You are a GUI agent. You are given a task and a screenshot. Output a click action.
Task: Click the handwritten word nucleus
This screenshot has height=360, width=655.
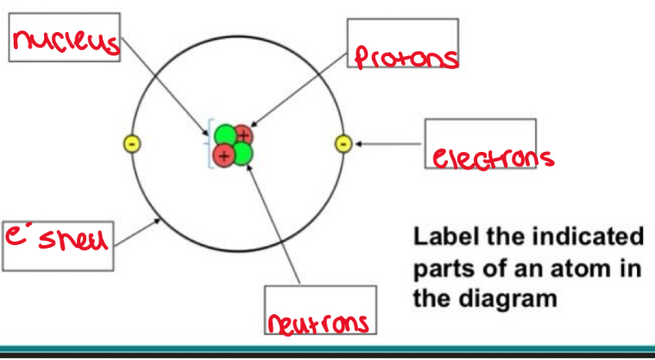point(64,38)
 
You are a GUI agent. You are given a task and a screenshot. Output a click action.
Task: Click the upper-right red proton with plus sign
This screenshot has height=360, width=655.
point(243,136)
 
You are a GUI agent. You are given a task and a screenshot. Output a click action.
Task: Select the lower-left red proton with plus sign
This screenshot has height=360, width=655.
point(224,156)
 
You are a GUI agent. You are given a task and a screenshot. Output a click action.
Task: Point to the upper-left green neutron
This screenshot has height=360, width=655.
point(225,136)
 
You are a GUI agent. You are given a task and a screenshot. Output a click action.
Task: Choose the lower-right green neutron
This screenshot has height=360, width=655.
point(242,155)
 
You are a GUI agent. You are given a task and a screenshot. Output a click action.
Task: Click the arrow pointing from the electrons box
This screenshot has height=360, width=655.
point(388,144)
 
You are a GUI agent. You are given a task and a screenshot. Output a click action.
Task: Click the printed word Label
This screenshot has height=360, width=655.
point(444,236)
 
